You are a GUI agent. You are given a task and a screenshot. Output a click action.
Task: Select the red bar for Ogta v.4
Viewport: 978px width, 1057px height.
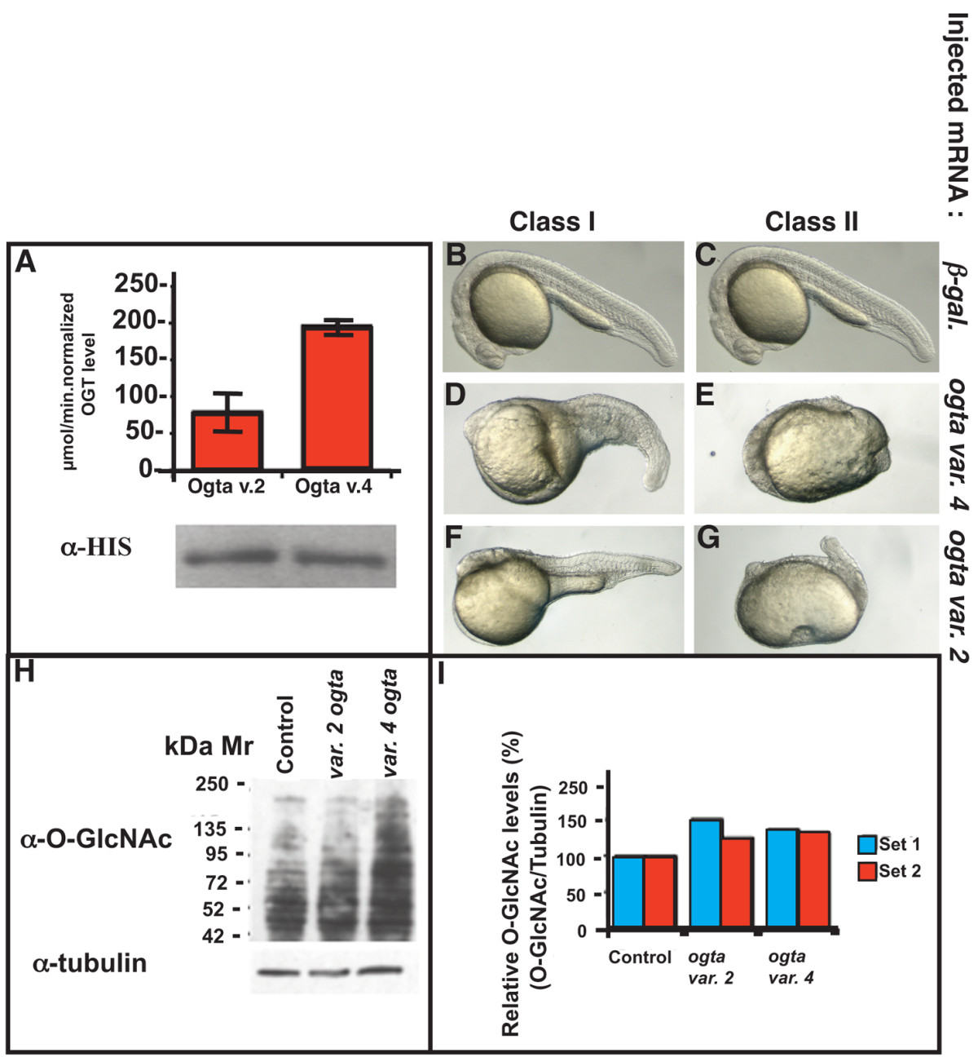pos(337,397)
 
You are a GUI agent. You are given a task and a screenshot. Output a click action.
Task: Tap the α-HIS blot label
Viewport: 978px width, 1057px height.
pos(95,547)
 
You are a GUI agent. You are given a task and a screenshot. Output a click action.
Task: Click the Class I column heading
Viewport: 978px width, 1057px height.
pos(552,222)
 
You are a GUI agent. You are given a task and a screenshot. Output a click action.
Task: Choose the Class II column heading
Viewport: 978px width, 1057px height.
pos(811,222)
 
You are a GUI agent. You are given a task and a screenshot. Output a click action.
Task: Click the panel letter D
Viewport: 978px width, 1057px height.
pos(456,397)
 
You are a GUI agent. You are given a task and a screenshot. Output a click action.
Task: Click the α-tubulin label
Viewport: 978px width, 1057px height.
pos(90,963)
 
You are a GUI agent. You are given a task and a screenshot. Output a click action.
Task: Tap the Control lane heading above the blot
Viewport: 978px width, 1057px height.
pos(284,734)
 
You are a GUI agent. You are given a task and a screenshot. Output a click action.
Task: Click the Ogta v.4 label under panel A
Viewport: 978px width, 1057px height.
pos(333,488)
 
